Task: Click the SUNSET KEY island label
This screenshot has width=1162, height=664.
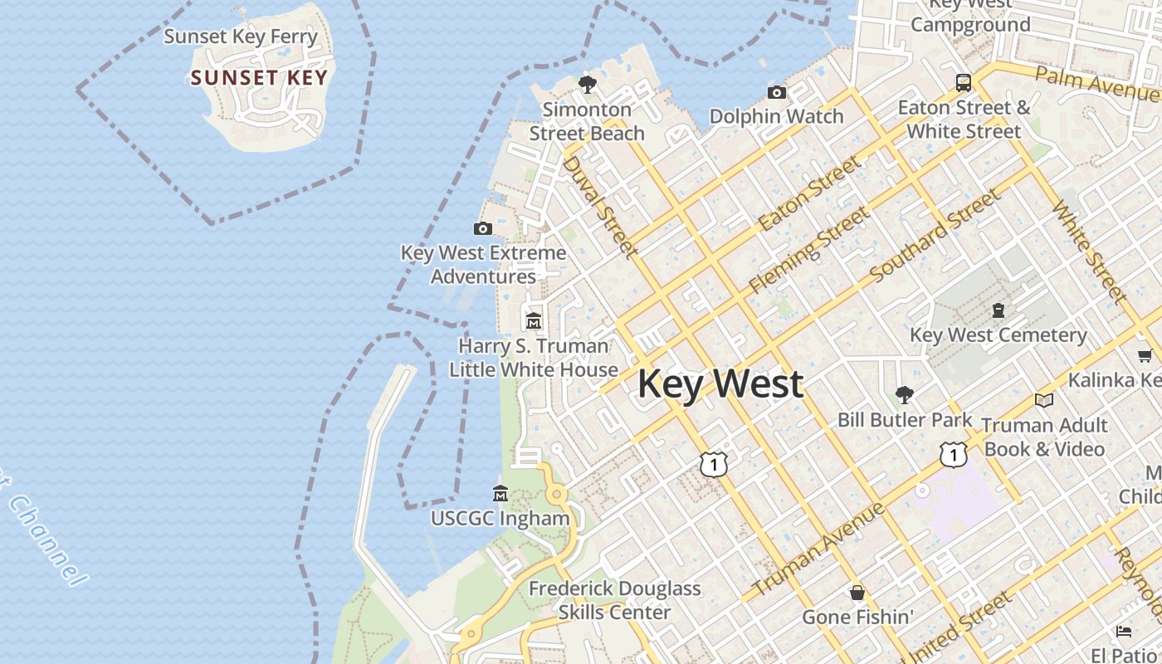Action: pos(259,78)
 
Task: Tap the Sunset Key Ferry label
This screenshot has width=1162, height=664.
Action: pos(241,37)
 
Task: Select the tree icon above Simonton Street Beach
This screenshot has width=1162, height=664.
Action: pos(588,84)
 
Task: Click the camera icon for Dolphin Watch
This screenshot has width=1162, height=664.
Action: pos(777,92)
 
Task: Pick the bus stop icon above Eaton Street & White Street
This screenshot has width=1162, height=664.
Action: pos(963,83)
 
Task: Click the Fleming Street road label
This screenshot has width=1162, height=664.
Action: pos(809,250)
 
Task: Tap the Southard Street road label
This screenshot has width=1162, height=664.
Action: pos(935,235)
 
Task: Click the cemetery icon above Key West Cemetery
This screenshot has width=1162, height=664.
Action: pos(998,310)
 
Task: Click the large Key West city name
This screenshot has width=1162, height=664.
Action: pos(720,384)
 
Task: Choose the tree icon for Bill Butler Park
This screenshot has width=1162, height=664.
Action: pos(905,395)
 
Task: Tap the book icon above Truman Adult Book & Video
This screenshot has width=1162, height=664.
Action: pos(1044,401)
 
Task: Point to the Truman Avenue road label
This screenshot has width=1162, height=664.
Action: pos(817,549)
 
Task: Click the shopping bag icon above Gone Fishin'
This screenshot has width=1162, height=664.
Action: pos(857,593)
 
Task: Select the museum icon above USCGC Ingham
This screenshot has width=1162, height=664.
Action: pos(500,494)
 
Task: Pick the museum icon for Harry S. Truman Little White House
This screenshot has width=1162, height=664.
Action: pos(534,320)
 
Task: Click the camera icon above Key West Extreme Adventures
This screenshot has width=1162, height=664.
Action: pos(483,228)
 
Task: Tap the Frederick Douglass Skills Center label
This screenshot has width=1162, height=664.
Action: pos(614,600)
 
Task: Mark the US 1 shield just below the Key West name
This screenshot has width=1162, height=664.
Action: pos(713,464)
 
